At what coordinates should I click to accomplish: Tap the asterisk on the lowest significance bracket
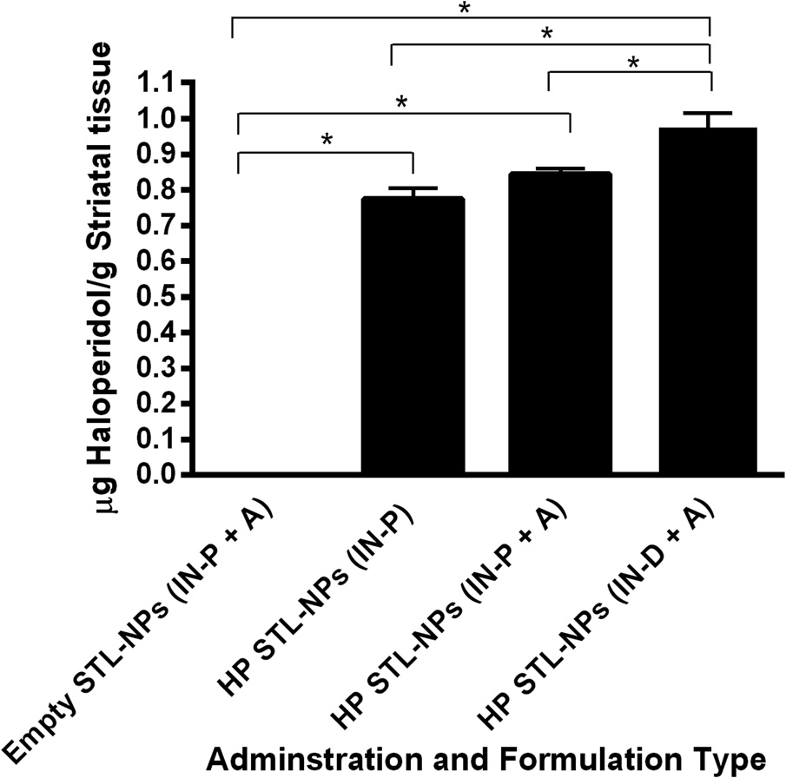coord(327,140)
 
